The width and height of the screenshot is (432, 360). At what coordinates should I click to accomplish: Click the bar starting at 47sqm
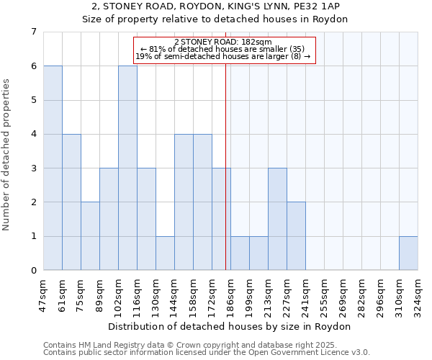pos(53,168)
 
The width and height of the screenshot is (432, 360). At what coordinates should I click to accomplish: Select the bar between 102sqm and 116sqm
pos(127,168)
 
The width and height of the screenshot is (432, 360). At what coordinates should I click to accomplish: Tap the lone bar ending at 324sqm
pos(408,253)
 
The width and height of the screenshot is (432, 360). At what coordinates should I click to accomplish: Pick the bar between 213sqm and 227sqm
pos(277,219)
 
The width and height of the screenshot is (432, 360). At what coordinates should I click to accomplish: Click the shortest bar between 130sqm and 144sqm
pos(165,253)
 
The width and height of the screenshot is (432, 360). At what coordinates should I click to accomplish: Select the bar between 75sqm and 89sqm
pos(90,236)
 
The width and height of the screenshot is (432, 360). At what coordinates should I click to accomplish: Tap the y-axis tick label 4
pos(32,134)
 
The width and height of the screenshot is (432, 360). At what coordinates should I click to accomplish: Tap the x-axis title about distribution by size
pos(230,326)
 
